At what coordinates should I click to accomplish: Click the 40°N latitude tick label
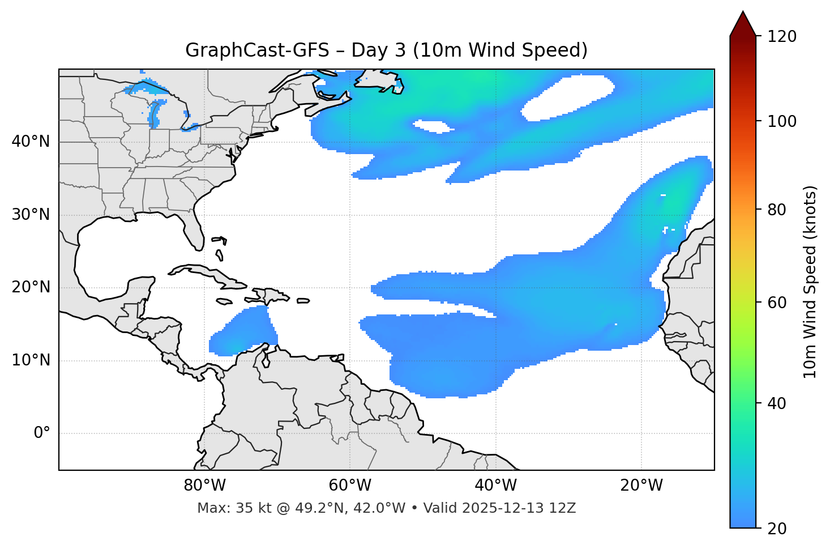pyautogui.click(x=31, y=142)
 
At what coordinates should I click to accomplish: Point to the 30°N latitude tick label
pyautogui.click(x=31, y=215)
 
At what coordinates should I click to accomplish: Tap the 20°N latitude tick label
pyautogui.click(x=31, y=288)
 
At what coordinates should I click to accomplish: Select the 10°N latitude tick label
pyautogui.click(x=31, y=360)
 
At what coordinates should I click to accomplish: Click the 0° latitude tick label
pyautogui.click(x=41, y=433)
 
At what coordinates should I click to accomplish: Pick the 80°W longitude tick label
pyautogui.click(x=204, y=486)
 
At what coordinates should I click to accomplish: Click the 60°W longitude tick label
pyautogui.click(x=350, y=486)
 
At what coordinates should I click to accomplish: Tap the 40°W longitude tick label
pyautogui.click(x=495, y=486)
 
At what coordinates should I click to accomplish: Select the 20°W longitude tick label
pyautogui.click(x=641, y=486)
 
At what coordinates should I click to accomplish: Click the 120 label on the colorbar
pyautogui.click(x=782, y=37)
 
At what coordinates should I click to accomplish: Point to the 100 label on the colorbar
pyautogui.click(x=782, y=121)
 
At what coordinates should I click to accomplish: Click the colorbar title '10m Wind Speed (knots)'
pyautogui.click(x=810, y=282)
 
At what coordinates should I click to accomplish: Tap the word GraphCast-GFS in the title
pyautogui.click(x=257, y=50)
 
